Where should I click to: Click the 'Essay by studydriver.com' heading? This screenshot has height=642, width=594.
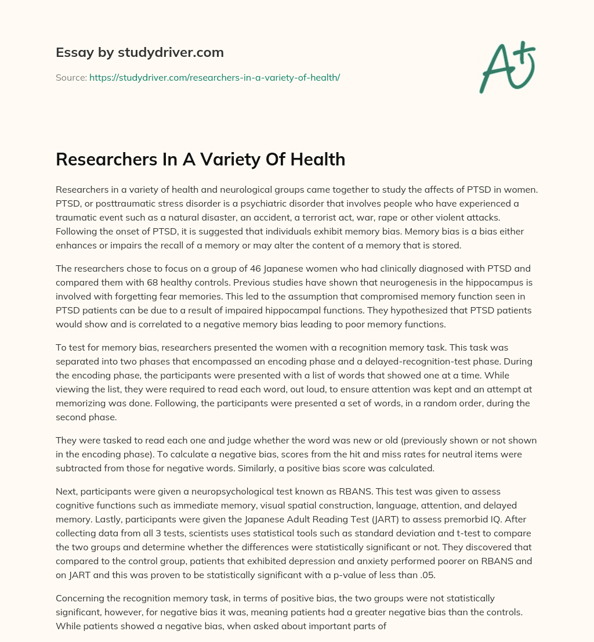pyautogui.click(x=139, y=52)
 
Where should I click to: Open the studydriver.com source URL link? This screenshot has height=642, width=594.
pyautogui.click(x=214, y=77)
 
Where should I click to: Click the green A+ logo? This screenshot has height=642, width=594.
pyautogui.click(x=506, y=67)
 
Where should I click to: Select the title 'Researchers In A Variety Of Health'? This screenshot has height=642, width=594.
pyautogui.click(x=200, y=159)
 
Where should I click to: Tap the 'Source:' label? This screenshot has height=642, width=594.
pyautogui.click(x=71, y=77)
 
